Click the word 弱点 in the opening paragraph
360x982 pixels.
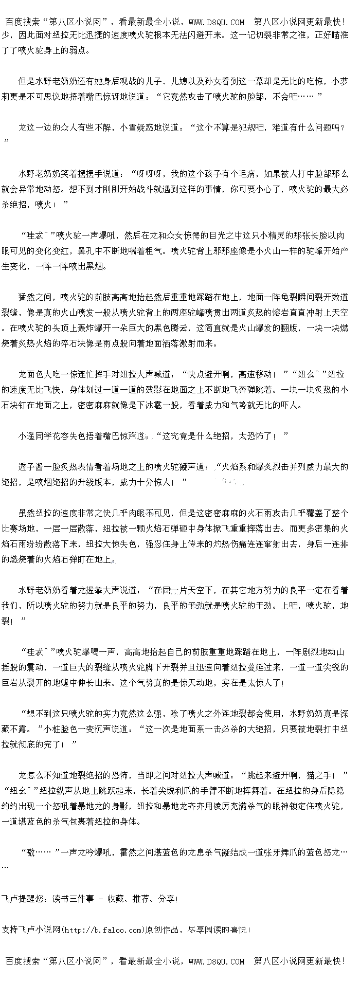[80, 50]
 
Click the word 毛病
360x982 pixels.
[237, 174]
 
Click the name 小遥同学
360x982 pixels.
[35, 436]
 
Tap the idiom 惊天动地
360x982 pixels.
[192, 683]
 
